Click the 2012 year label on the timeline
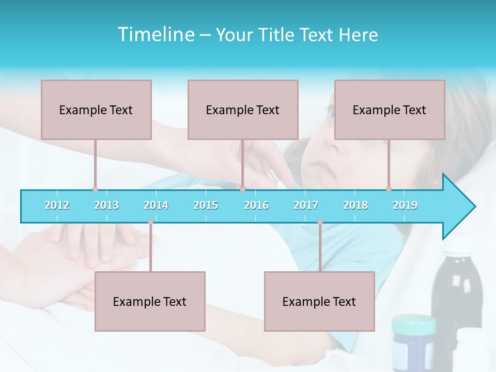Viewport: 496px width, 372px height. tap(57, 205)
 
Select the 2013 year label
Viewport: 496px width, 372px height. tap(106, 205)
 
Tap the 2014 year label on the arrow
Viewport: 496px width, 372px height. tap(156, 205)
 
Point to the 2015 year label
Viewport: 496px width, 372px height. tap(206, 205)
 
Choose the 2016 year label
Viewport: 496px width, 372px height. tap(256, 205)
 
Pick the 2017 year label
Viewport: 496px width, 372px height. tap(306, 205)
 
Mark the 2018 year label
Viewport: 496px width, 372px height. tap(355, 205)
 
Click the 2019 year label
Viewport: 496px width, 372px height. tap(405, 205)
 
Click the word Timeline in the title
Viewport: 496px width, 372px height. tap(155, 35)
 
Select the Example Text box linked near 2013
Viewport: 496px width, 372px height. tap(96, 110)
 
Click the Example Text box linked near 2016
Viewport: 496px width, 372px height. tap(243, 110)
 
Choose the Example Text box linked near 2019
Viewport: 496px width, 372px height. tap(390, 110)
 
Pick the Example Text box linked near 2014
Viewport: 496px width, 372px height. tap(150, 301)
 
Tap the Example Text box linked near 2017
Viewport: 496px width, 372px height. tap(319, 301)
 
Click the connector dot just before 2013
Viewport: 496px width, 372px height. tap(95, 189)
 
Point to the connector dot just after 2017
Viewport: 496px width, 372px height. tap(320, 222)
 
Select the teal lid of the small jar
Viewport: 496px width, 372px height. tap(413, 324)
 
